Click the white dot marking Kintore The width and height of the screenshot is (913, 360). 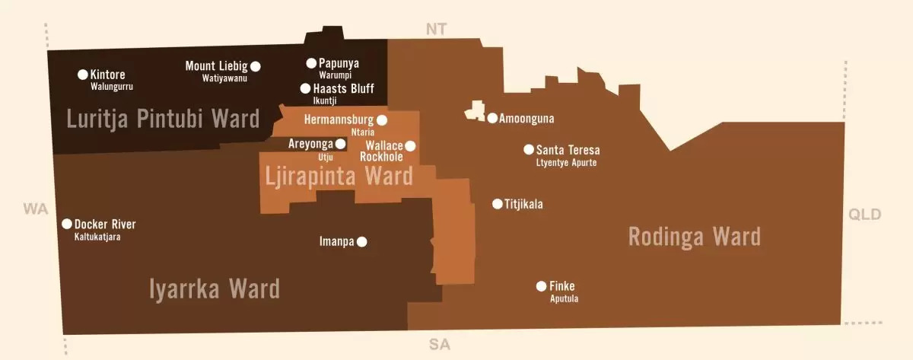click(x=83, y=75)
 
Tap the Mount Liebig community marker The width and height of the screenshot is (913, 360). click(x=256, y=65)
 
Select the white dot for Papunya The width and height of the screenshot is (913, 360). click(x=311, y=63)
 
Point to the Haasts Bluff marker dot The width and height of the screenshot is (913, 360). click(x=305, y=88)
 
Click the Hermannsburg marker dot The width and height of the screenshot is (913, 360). click(x=382, y=119)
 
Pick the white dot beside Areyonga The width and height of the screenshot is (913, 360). click(x=341, y=143)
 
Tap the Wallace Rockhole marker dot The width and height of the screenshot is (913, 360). click(x=410, y=145)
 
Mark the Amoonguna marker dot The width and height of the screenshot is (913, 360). click(x=492, y=118)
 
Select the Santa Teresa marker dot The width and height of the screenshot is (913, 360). click(x=529, y=149)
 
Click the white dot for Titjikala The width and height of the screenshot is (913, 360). click(x=498, y=203)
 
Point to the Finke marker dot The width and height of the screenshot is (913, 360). click(x=541, y=286)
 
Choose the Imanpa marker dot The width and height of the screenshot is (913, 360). click(x=362, y=242)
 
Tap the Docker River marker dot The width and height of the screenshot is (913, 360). click(x=67, y=224)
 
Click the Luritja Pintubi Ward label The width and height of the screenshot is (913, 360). click(x=163, y=119)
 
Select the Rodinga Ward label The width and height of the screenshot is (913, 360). click(x=694, y=237)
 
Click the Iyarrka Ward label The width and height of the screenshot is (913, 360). click(x=215, y=289)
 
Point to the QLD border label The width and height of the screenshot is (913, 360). click(x=865, y=215)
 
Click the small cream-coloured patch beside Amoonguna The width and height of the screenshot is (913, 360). click(x=476, y=111)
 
